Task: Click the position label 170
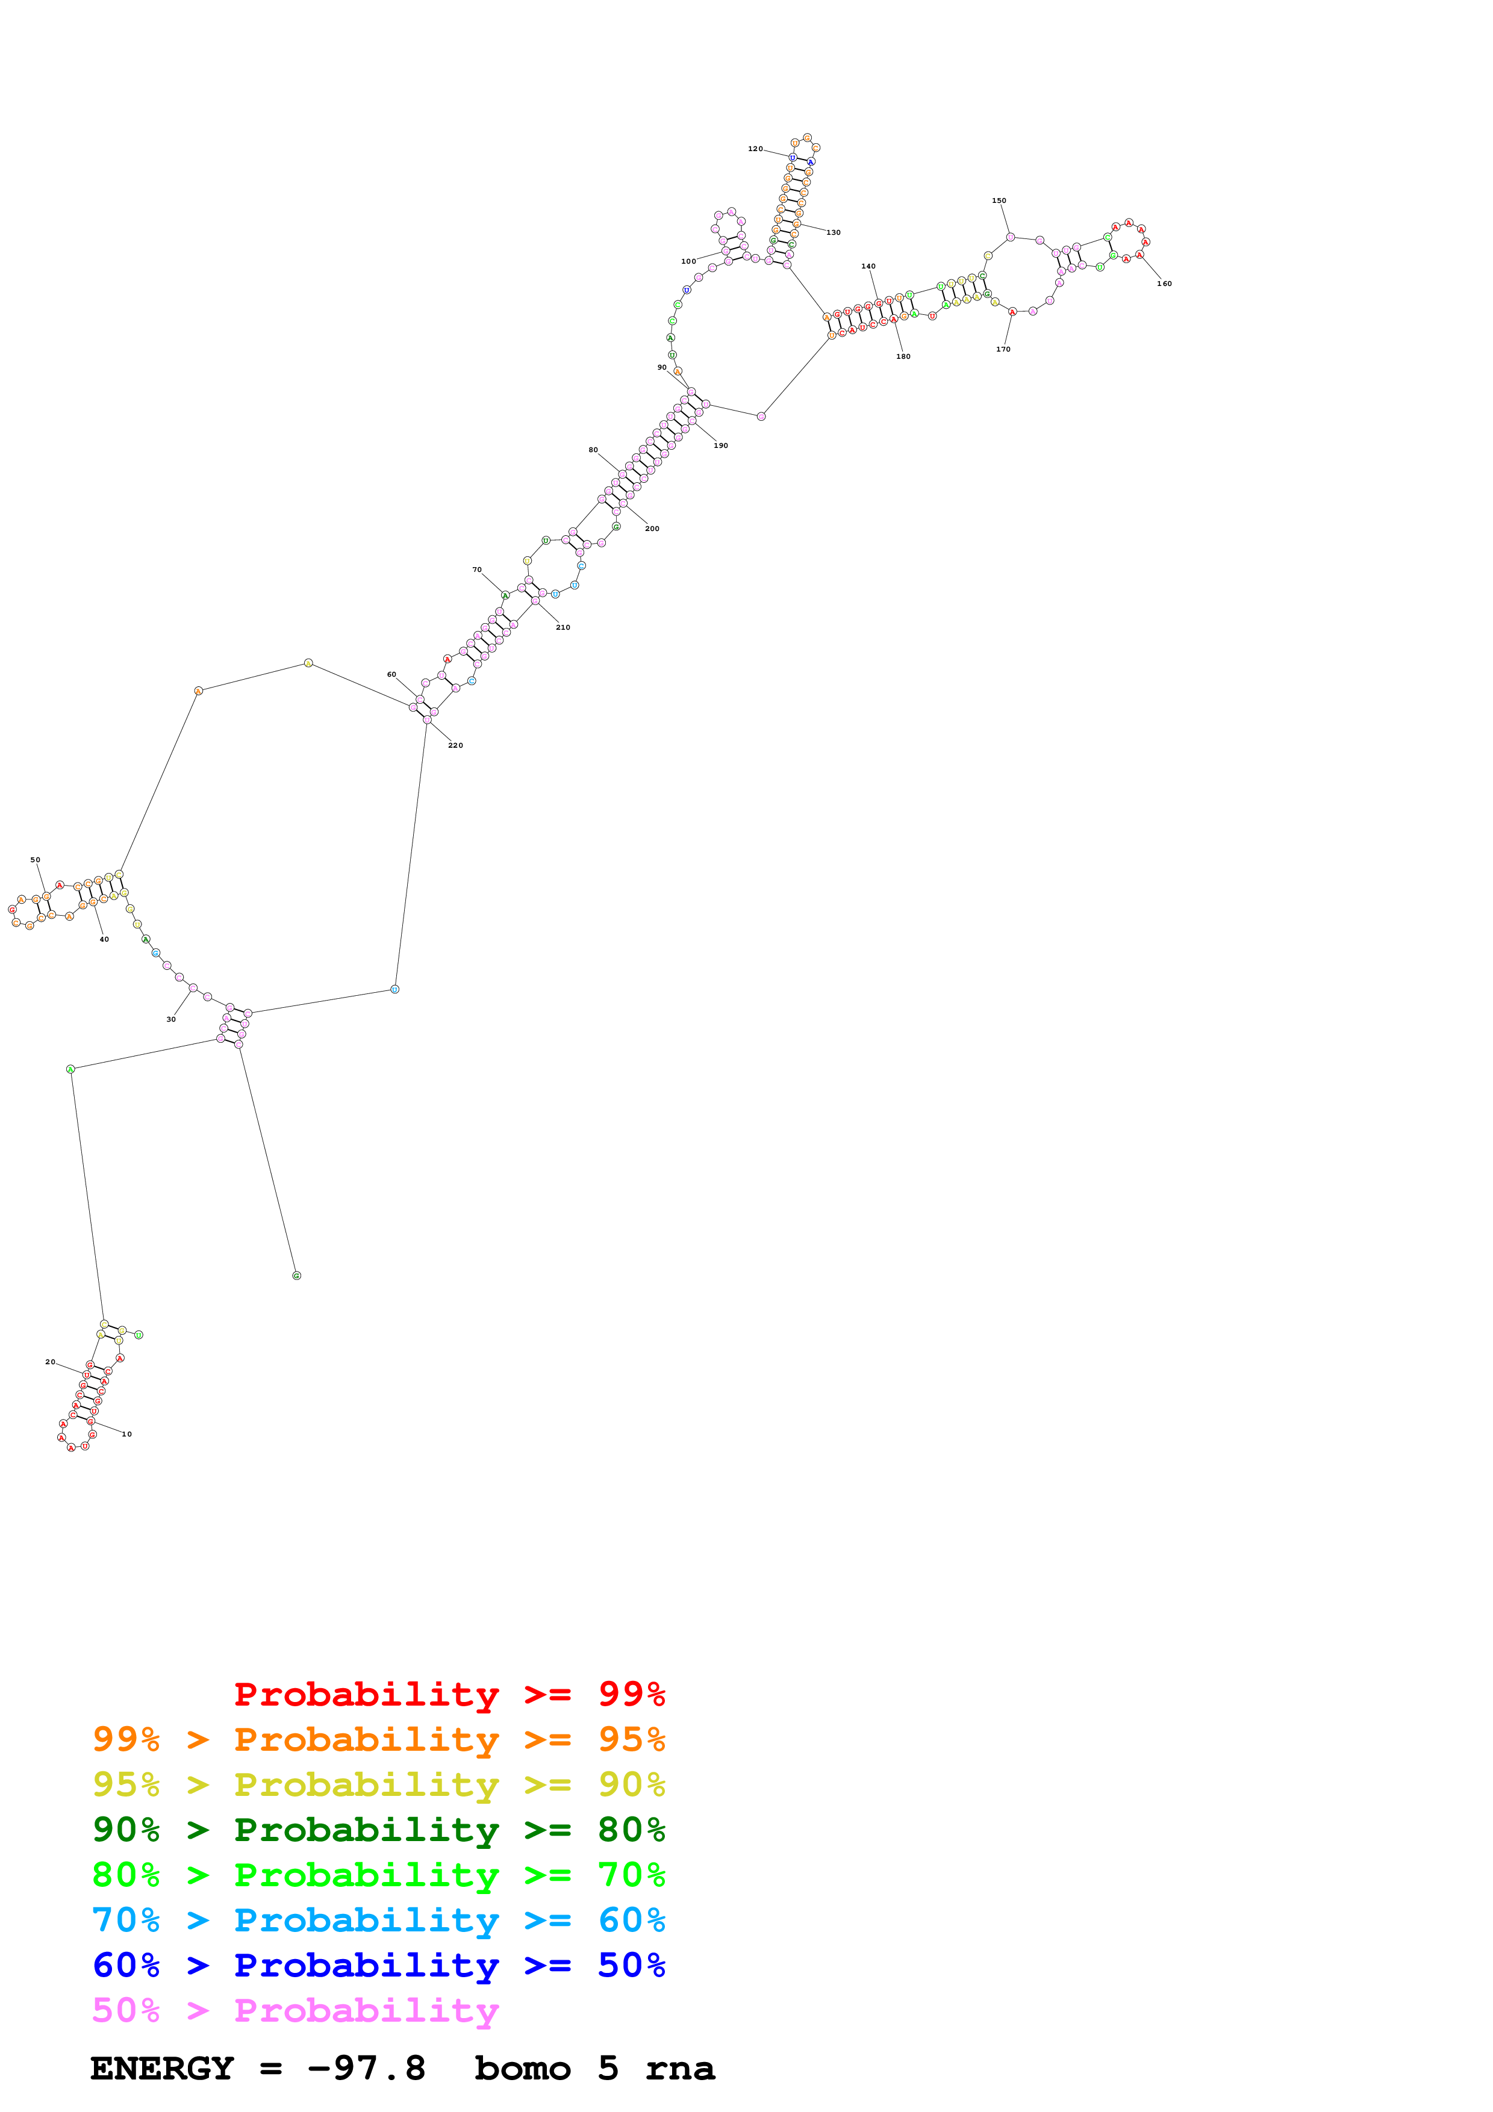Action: pos(1003,350)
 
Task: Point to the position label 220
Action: pos(455,745)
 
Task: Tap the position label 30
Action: pos(171,1019)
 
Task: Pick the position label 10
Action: pos(127,1434)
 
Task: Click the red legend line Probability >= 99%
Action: pos(449,1694)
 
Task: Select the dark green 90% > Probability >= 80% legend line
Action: pos(378,1830)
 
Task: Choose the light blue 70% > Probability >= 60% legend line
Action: pos(378,1920)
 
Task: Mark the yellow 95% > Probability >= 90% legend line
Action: pos(378,1784)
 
